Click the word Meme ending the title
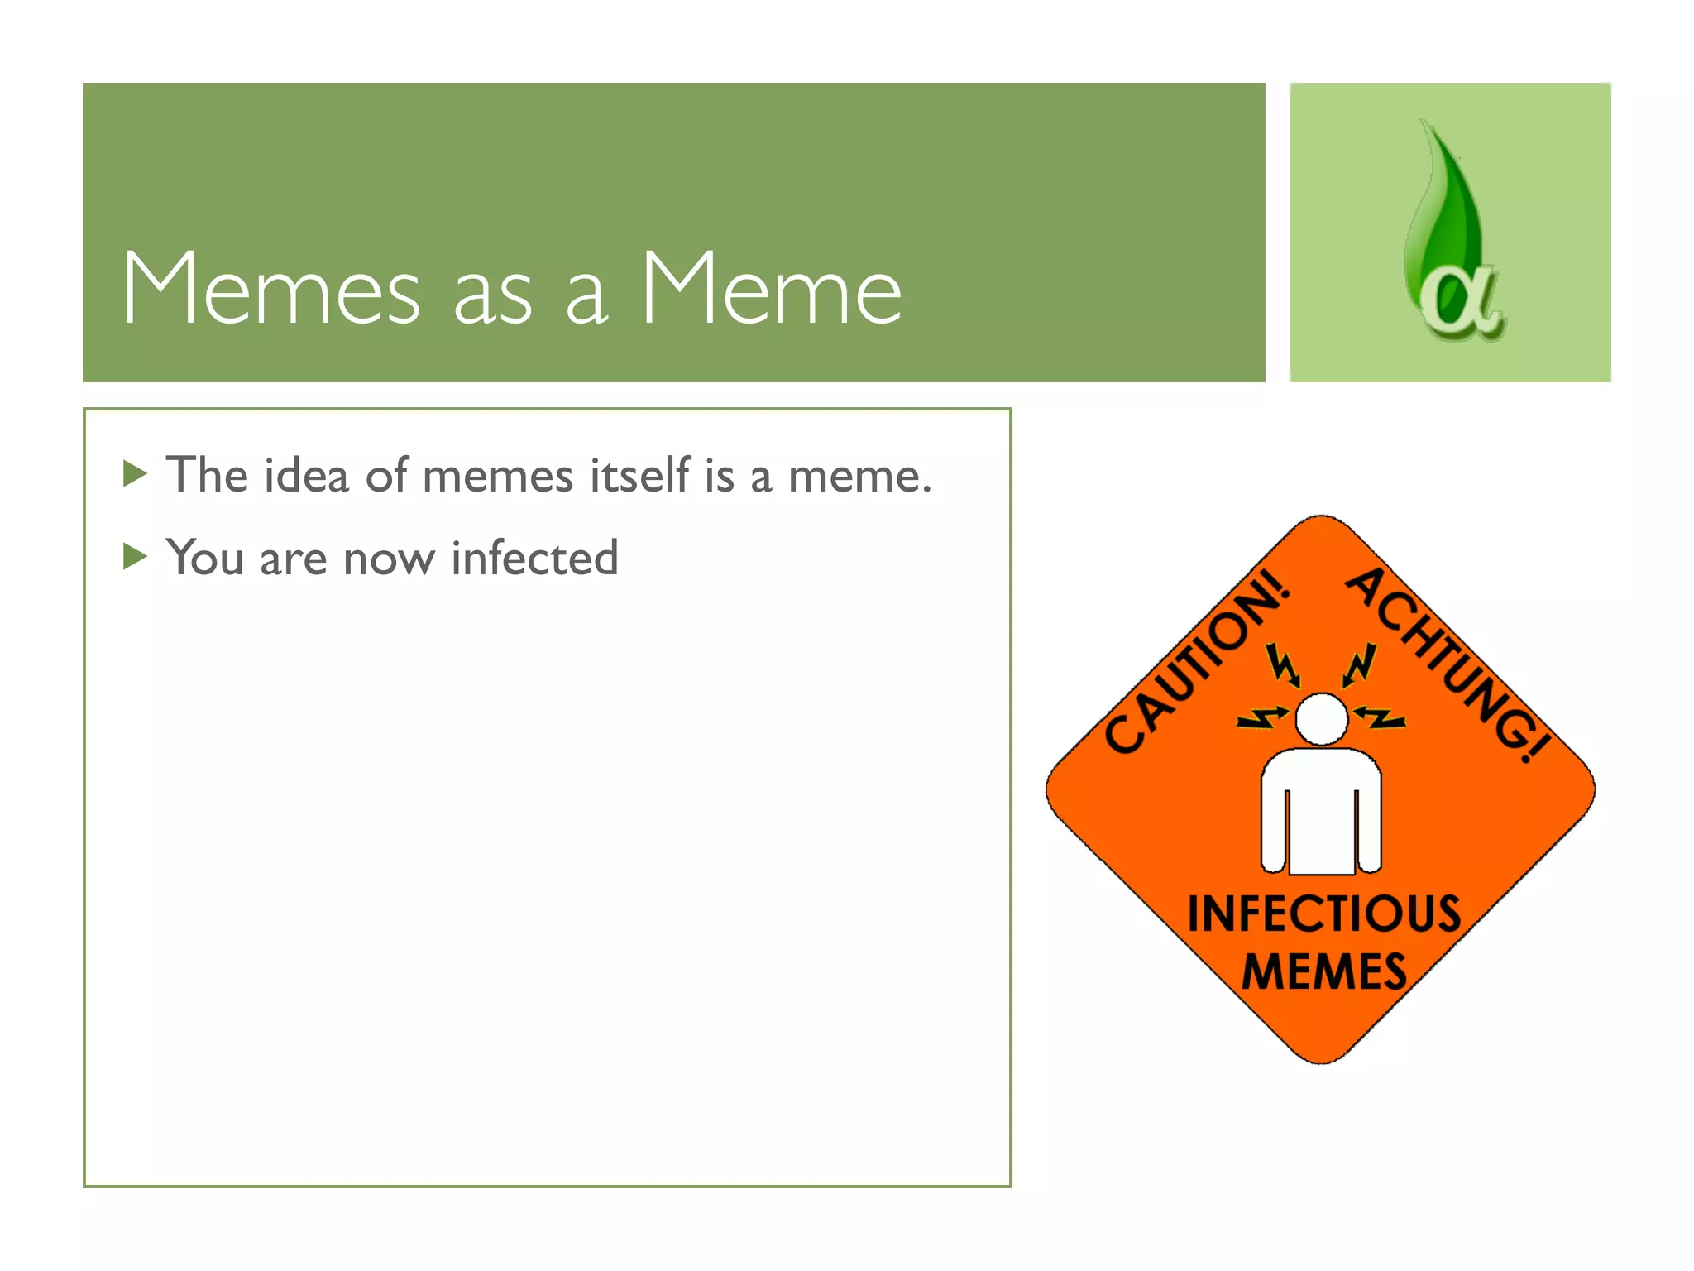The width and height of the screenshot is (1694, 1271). pos(771,289)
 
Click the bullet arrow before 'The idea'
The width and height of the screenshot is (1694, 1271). pos(134,474)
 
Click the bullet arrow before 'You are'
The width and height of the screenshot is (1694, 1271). pos(134,556)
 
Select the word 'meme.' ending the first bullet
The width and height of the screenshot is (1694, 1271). pos(859,477)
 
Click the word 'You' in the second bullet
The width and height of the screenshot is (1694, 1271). pos(205,558)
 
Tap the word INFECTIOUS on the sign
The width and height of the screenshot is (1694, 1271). pos(1323,914)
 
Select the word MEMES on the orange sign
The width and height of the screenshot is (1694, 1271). pos(1323,971)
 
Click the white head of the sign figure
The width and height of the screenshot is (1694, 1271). pos(1321,718)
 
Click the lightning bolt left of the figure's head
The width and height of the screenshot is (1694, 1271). pos(1262,717)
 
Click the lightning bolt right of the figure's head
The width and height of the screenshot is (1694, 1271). pos(1380,717)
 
